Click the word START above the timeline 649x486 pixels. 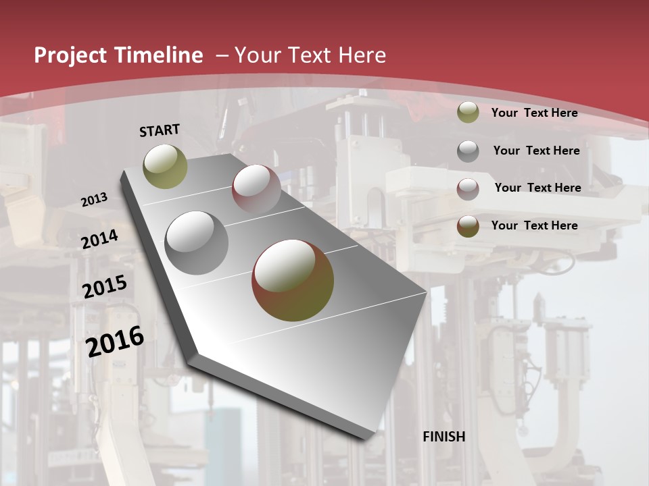[x=160, y=130]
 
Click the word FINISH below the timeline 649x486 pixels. [x=444, y=437]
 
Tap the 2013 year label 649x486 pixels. [x=94, y=200]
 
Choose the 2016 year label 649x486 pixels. [x=116, y=342]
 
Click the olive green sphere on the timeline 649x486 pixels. [x=166, y=166]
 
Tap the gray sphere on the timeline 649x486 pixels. [x=197, y=243]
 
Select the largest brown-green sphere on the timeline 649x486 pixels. [x=293, y=280]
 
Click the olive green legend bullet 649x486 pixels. [x=468, y=113]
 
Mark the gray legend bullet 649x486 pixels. [x=468, y=151]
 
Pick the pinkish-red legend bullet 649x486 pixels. [x=468, y=189]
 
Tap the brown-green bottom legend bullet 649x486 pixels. [x=468, y=226]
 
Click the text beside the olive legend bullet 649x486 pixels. [x=534, y=113]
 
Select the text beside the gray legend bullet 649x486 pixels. [x=536, y=151]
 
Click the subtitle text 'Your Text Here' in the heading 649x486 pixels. [x=310, y=55]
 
